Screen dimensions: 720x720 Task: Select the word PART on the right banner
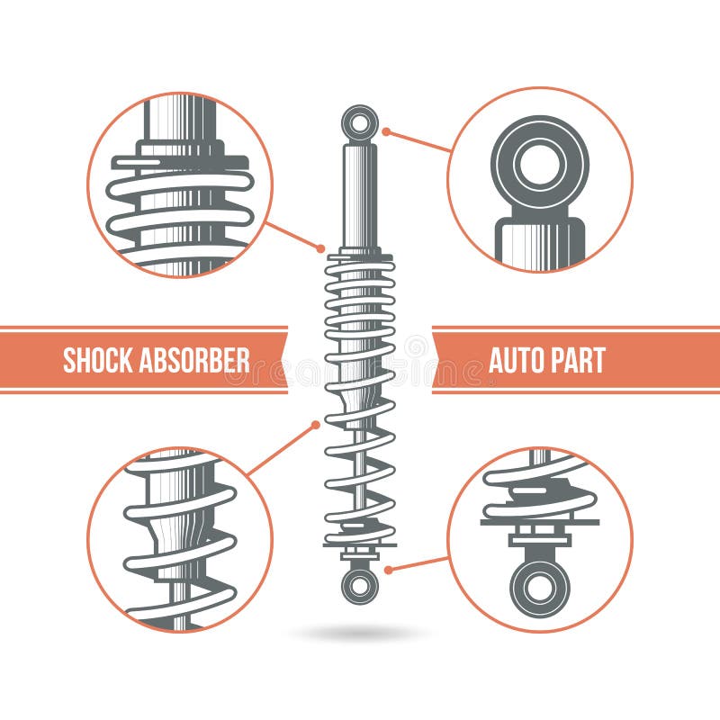point(580,360)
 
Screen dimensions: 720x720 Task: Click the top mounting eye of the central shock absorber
point(360,123)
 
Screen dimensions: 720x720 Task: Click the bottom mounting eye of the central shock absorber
point(360,585)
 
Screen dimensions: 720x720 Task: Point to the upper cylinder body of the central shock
point(360,193)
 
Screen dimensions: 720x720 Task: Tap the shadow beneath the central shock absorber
point(360,634)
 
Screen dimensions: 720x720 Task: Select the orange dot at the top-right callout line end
point(385,131)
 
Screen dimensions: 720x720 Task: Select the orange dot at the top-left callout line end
point(321,247)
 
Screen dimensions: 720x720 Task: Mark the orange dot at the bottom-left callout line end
point(315,424)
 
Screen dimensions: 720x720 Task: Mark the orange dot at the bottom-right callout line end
point(387,570)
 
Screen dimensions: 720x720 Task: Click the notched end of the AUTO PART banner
point(439,360)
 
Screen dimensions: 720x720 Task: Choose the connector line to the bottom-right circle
point(418,563)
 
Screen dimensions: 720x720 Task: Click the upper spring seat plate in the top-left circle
point(180,163)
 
